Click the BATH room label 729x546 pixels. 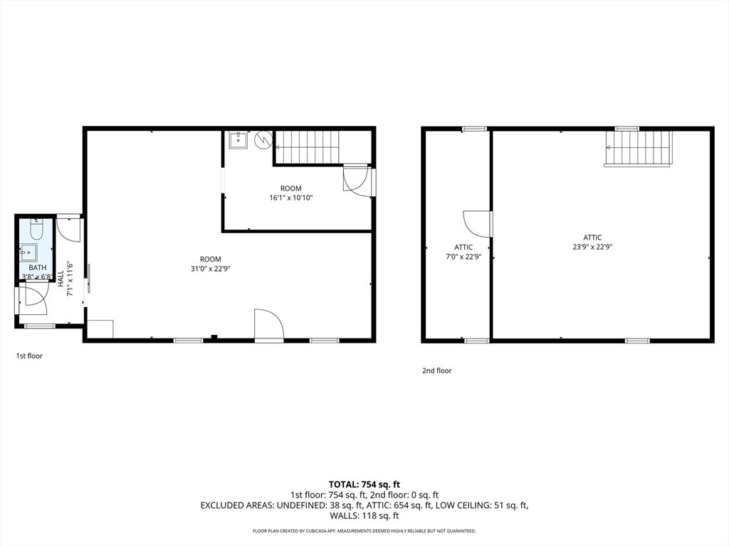pos(37,267)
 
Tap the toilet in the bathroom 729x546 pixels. pos(37,229)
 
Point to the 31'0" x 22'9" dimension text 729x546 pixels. pos(210,269)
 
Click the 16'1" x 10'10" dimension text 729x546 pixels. pos(290,198)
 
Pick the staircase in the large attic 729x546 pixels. pos(639,148)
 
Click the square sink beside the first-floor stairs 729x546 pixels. pos(238,139)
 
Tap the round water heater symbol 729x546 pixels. pos(264,139)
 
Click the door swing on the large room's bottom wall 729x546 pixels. pos(268,323)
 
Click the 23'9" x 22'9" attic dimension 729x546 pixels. pos(592,247)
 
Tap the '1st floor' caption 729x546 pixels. pos(29,355)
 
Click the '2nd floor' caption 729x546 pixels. pos(436,370)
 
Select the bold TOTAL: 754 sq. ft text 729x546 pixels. pos(364,484)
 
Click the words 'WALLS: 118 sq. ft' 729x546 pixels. pos(364,515)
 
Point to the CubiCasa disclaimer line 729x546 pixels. pos(364,531)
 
